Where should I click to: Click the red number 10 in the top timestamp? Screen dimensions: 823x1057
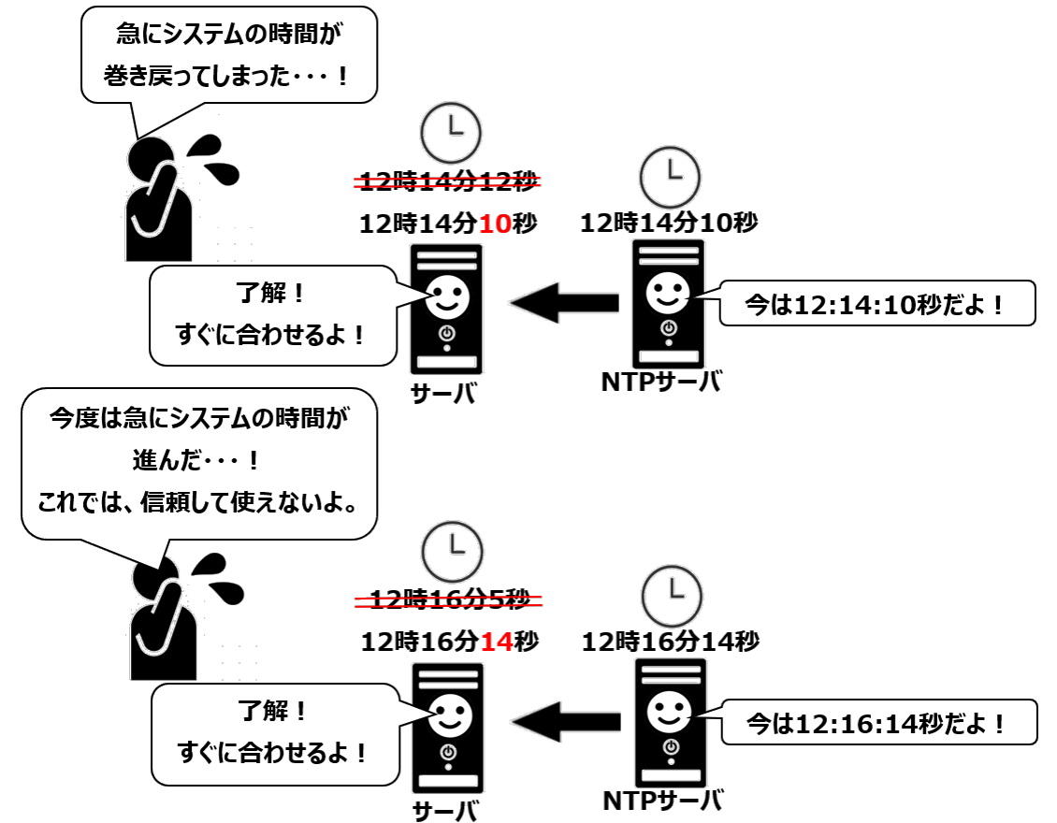click(x=499, y=224)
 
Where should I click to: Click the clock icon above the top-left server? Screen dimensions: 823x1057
click(x=452, y=132)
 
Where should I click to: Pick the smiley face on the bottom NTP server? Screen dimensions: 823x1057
click(x=669, y=712)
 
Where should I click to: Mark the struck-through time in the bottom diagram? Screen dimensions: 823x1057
click(x=449, y=599)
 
